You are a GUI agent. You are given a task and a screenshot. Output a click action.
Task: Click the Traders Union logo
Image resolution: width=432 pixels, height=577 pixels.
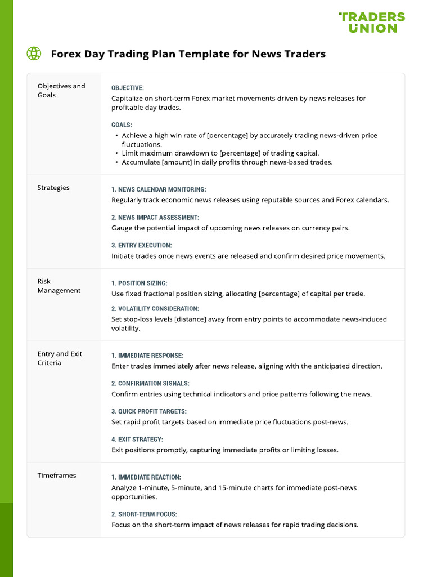click(x=372, y=23)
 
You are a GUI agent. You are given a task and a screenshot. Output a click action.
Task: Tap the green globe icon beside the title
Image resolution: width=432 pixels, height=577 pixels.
click(x=34, y=54)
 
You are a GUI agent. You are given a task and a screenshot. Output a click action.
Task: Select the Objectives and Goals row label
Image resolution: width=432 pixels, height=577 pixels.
click(x=61, y=91)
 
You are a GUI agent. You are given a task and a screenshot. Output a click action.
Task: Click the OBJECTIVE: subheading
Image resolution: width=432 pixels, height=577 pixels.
click(x=128, y=88)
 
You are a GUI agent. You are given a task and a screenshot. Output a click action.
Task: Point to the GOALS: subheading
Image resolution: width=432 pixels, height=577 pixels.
click(x=121, y=125)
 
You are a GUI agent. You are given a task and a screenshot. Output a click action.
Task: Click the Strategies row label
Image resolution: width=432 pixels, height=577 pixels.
click(x=53, y=188)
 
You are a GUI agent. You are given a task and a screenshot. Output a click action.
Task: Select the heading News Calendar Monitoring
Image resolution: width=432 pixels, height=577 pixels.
click(x=159, y=189)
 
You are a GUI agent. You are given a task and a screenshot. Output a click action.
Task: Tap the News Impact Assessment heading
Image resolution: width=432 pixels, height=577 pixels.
click(x=155, y=217)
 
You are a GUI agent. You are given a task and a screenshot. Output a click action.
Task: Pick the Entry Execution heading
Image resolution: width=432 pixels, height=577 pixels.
click(x=142, y=245)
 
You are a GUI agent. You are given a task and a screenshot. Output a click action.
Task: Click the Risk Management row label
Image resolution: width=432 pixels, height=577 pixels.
click(x=58, y=286)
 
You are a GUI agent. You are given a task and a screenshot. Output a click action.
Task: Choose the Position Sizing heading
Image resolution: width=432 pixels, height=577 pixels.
click(x=139, y=283)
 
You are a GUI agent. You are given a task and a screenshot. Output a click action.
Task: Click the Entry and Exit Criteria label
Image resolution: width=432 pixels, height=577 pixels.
click(x=60, y=358)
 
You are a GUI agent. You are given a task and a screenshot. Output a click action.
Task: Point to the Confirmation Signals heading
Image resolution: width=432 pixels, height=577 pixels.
click(x=150, y=383)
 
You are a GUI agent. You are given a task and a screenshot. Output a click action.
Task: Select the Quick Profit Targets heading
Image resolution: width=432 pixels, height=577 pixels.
click(x=149, y=411)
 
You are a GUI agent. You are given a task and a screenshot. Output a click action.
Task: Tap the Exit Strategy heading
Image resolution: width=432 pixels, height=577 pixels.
click(x=138, y=439)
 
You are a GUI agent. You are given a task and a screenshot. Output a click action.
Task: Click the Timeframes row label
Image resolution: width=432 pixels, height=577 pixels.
click(x=57, y=476)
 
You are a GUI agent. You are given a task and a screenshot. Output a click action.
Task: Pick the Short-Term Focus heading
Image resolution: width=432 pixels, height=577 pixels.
click(x=144, y=514)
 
